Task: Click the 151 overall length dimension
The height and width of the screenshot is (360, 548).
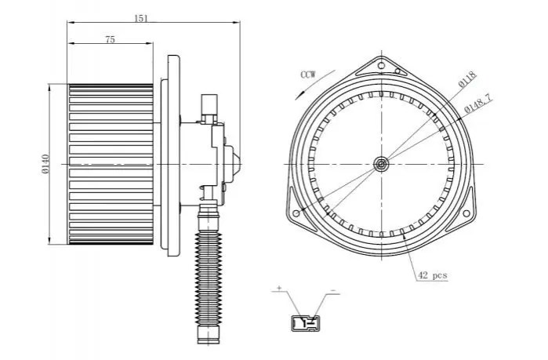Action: click(x=141, y=18)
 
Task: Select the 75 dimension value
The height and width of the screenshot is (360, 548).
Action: click(x=110, y=39)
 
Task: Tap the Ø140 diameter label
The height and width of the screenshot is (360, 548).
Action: click(x=45, y=164)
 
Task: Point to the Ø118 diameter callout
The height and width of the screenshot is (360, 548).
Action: click(x=467, y=79)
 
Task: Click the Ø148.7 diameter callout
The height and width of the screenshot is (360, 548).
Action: click(x=478, y=104)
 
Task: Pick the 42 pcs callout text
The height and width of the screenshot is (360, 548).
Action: click(x=433, y=275)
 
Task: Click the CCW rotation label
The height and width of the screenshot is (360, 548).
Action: click(x=308, y=75)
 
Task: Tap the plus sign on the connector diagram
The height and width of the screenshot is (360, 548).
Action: click(x=279, y=288)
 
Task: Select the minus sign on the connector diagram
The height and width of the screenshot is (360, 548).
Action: click(x=332, y=290)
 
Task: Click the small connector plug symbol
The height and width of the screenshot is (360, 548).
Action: click(x=306, y=323)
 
